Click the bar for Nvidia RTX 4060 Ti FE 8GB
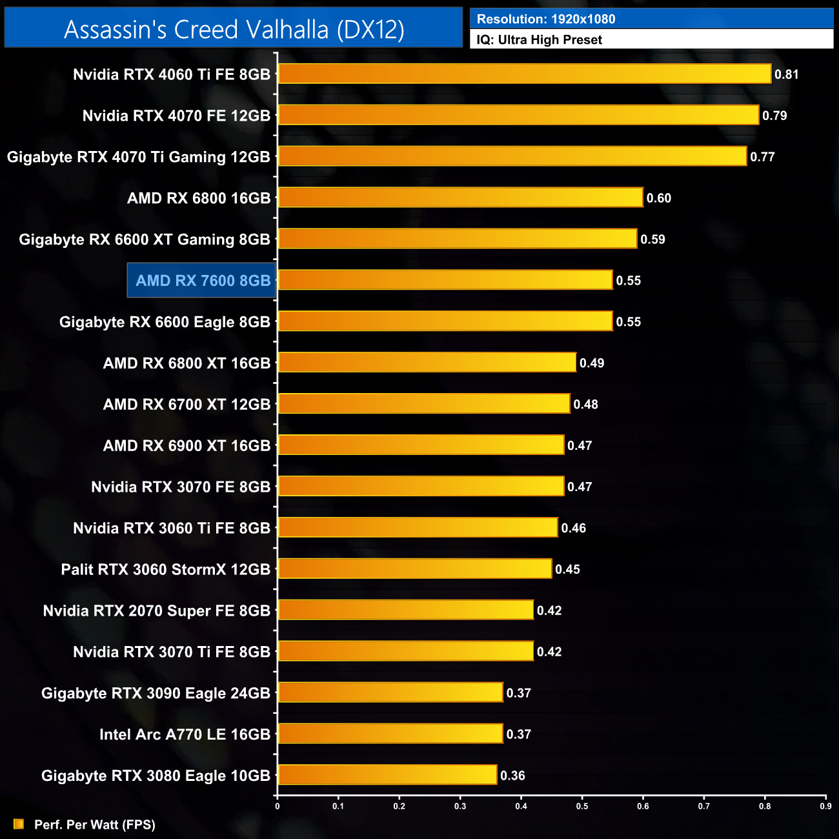(524, 74)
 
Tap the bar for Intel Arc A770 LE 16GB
(390, 734)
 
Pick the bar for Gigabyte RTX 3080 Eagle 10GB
(387, 775)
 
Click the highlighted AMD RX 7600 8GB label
(202, 281)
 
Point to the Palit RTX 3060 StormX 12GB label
(165, 569)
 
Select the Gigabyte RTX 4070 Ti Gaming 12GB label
(138, 157)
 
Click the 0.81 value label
(787, 74)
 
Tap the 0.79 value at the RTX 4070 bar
(774, 116)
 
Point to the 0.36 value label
(512, 776)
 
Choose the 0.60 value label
(658, 198)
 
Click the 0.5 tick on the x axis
(582, 805)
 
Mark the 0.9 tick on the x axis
(825, 805)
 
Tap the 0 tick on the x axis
(278, 805)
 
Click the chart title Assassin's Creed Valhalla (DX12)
(234, 30)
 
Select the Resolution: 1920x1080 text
(545, 19)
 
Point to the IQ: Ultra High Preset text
(539, 40)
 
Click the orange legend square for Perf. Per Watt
(19, 824)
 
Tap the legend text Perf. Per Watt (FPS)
(94, 825)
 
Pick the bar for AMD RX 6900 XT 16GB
(421, 445)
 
